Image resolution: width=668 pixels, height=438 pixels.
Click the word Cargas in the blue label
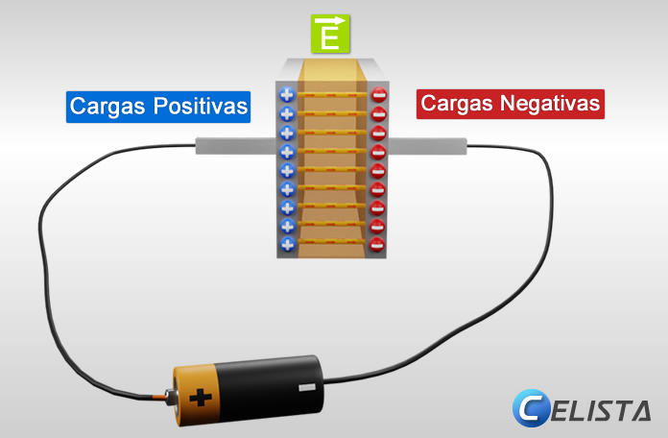(x=104, y=106)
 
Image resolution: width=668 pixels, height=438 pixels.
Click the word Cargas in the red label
(x=456, y=104)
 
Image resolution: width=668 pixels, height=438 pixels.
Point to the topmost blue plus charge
(x=286, y=95)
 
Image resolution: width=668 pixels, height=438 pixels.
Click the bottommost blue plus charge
(x=286, y=244)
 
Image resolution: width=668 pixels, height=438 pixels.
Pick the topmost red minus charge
(x=378, y=95)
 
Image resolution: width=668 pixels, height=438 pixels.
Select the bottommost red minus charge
(x=377, y=244)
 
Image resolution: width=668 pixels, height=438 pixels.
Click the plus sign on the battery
(x=200, y=395)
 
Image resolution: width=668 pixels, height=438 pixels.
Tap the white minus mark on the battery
(x=307, y=387)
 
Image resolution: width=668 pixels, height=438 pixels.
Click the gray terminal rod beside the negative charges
(x=427, y=146)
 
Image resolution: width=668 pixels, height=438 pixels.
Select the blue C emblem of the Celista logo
(x=531, y=407)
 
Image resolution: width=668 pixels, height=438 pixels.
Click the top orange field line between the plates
(x=332, y=95)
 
